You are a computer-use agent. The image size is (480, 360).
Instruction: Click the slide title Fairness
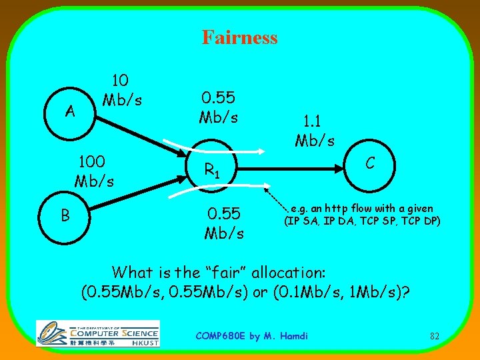click(239, 37)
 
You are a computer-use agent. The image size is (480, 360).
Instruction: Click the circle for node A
click(69, 111)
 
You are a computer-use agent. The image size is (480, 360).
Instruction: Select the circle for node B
click(65, 215)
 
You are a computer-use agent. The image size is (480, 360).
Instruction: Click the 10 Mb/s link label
click(120, 91)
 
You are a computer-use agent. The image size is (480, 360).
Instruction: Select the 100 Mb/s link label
click(94, 171)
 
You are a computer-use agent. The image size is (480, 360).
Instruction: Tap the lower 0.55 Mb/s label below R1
click(225, 223)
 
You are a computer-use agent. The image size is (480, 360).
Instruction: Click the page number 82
click(434, 336)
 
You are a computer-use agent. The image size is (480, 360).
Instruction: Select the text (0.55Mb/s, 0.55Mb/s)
click(171, 293)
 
